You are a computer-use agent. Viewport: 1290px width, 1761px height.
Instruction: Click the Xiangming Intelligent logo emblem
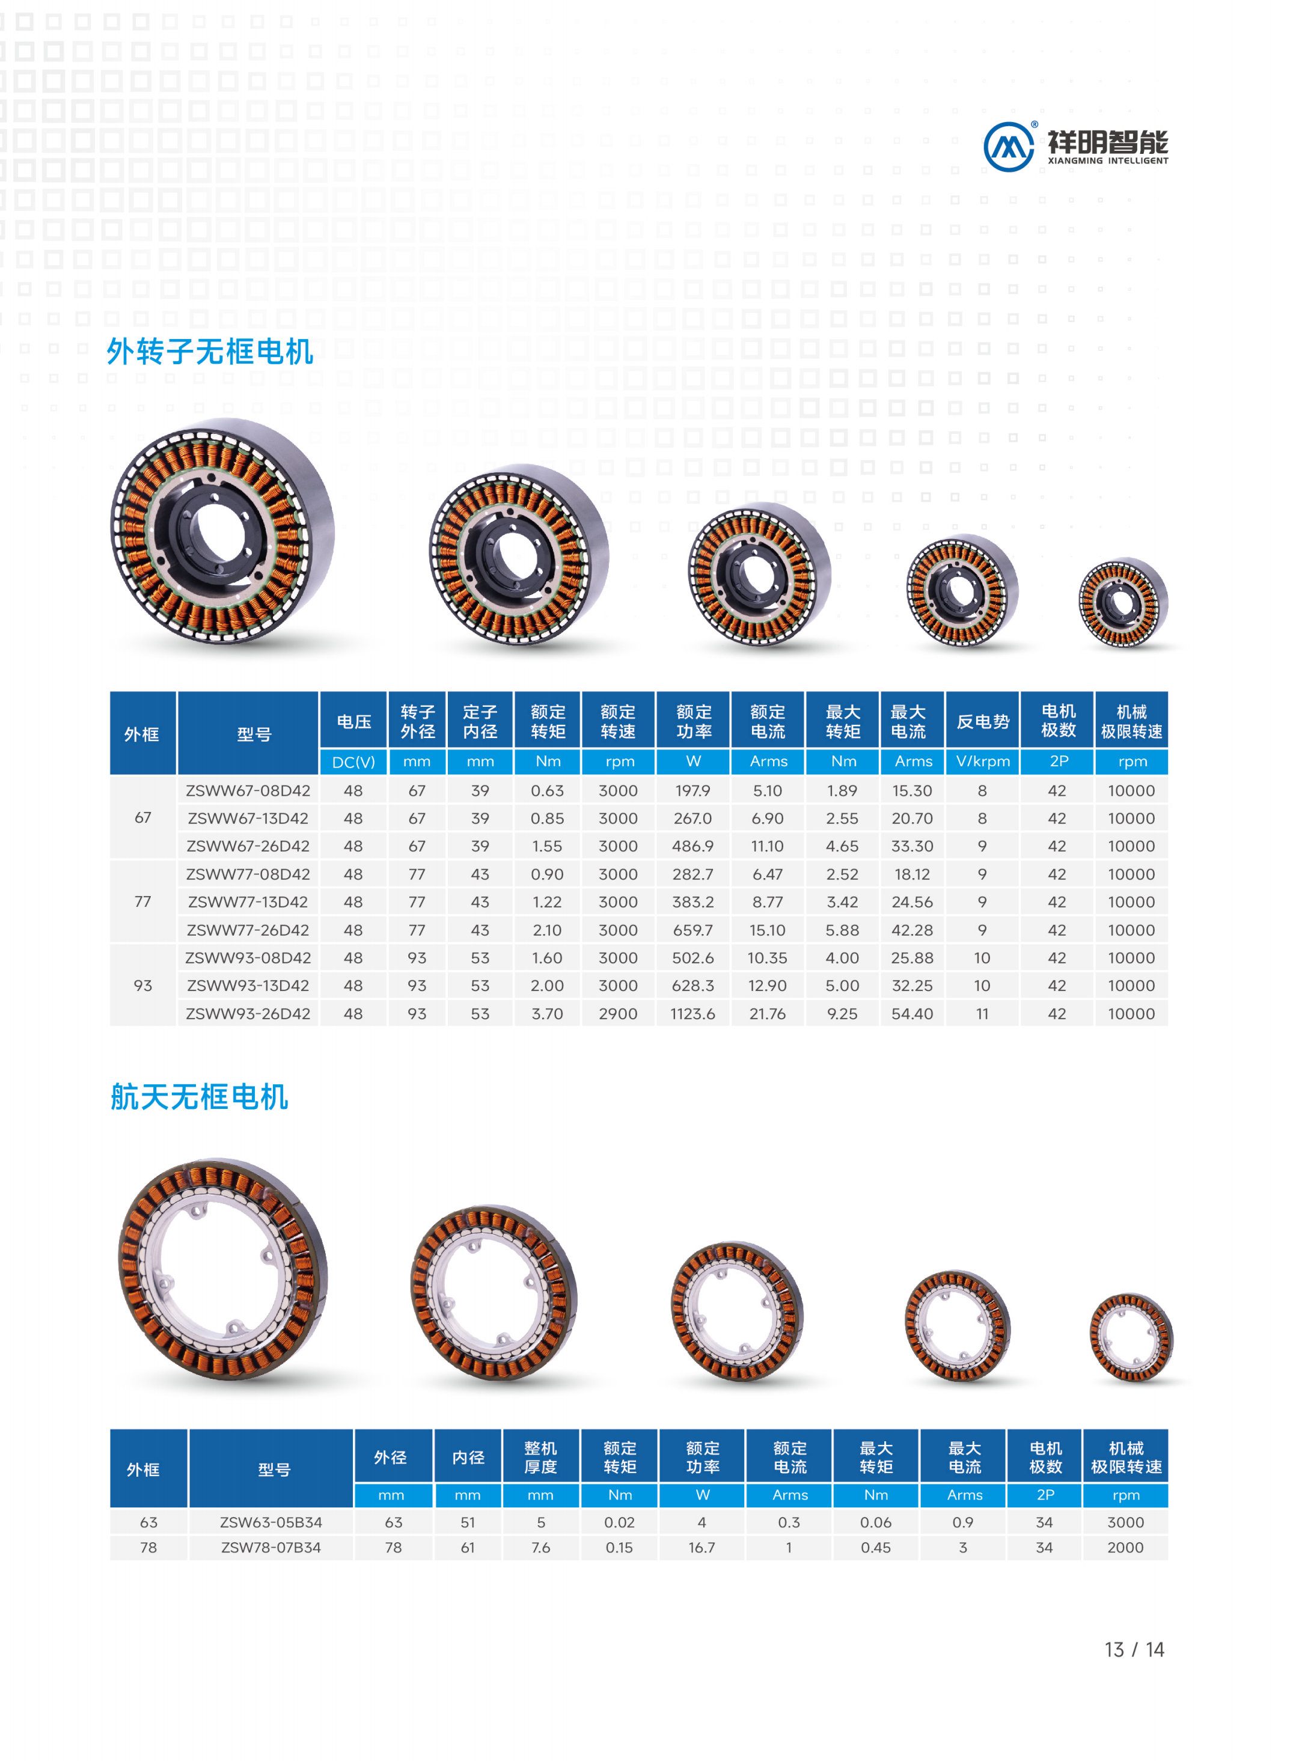pos(1008,146)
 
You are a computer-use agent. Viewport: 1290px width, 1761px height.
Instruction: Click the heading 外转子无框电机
pos(210,351)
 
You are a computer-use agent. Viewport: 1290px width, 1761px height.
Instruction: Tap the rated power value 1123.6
pos(692,1013)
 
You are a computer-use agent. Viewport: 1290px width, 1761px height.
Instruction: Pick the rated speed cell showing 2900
pos(618,1013)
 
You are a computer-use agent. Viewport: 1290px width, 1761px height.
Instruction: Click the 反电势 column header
pos(982,721)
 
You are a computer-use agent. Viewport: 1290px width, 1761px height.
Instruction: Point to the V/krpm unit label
pos(982,761)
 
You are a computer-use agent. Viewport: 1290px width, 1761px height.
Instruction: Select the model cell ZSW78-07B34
pos(271,1547)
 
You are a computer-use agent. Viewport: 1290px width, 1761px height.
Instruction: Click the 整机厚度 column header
pos(540,1457)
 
